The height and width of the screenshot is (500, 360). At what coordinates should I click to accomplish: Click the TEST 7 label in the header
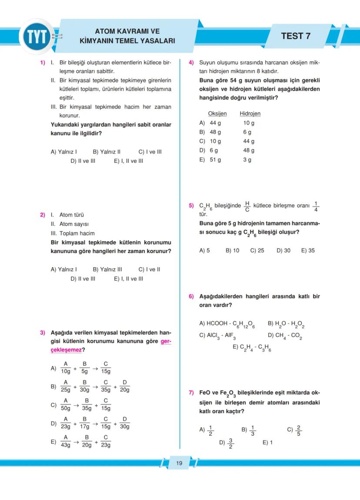(296, 36)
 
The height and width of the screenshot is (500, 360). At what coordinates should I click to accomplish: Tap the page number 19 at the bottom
(179, 463)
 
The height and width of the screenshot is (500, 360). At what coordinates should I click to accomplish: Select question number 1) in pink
(43, 63)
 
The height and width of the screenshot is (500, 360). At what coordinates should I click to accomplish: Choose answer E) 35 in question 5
(308, 251)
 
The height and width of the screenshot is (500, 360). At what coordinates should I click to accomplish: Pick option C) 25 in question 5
(257, 251)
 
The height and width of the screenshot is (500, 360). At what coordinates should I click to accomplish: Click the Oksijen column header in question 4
(217, 114)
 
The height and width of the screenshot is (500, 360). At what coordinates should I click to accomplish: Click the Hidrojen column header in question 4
(250, 114)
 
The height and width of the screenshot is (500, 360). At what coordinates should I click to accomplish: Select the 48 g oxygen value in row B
(215, 132)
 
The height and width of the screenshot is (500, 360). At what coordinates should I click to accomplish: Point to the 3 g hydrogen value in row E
(247, 160)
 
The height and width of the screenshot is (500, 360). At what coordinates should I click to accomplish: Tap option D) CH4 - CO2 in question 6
(285, 335)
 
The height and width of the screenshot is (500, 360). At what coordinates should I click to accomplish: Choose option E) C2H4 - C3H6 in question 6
(252, 348)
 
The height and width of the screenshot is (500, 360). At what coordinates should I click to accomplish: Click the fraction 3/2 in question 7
(230, 443)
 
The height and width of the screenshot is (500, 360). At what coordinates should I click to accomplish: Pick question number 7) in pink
(191, 393)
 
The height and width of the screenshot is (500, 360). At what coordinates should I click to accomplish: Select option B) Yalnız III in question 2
(107, 269)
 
